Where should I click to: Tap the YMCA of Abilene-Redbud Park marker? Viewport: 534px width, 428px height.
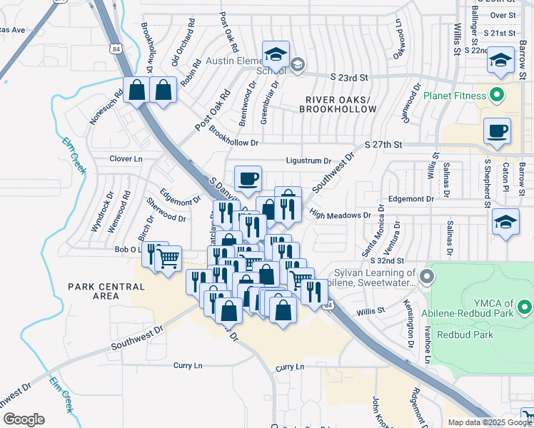pos(525,308)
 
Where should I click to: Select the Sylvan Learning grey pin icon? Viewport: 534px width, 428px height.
pos(427,275)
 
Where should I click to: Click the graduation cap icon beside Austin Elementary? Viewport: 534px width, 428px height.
pos(273,53)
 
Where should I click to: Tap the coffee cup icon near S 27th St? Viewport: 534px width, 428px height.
pos(497,131)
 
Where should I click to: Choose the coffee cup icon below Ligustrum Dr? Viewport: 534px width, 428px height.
pos(248,178)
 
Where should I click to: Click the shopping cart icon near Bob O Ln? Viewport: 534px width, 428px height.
pos(168,259)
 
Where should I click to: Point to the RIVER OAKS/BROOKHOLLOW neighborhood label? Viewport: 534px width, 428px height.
pos(338,104)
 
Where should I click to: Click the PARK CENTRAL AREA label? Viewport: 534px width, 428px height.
pos(106,292)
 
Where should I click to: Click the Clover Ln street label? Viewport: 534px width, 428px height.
pos(126,158)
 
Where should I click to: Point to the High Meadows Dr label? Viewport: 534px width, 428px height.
pos(341,215)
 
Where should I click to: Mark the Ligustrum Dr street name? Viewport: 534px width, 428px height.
pos(308,162)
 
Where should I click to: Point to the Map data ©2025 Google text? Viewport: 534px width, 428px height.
pos(489,422)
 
